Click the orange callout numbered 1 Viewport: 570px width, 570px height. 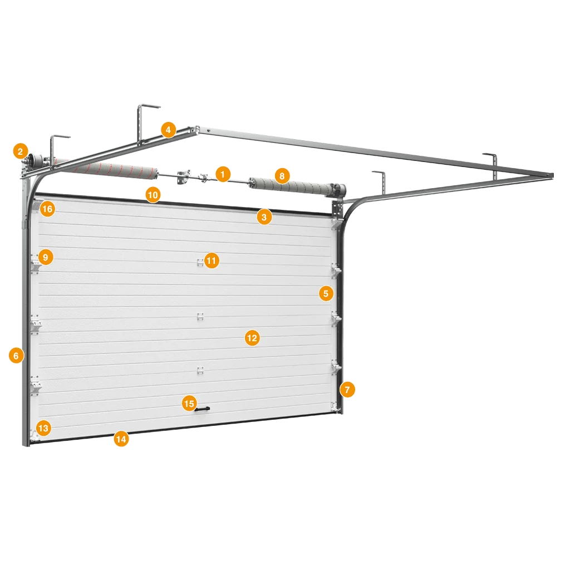(223, 174)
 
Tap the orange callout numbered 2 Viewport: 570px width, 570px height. (21, 151)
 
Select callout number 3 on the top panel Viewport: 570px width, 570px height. (264, 217)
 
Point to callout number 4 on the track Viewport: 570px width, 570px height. (168, 129)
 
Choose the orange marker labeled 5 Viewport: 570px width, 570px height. (326, 293)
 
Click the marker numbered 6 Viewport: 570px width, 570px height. (16, 355)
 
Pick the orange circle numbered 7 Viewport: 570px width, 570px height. (347, 390)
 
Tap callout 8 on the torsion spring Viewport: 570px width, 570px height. (282, 176)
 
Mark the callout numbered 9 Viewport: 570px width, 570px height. (46, 257)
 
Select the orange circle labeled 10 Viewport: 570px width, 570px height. (153, 195)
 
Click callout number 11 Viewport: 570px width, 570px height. (212, 261)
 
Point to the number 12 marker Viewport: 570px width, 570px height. (252, 338)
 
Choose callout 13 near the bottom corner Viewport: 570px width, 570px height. (43, 428)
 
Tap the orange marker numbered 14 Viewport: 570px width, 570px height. (121, 439)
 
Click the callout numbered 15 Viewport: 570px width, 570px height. (189, 404)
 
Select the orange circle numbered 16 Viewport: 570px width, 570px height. (47, 209)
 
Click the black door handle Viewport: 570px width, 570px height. (203, 409)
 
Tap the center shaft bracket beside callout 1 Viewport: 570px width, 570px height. (184, 176)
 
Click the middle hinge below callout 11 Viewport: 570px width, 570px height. (200, 317)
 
